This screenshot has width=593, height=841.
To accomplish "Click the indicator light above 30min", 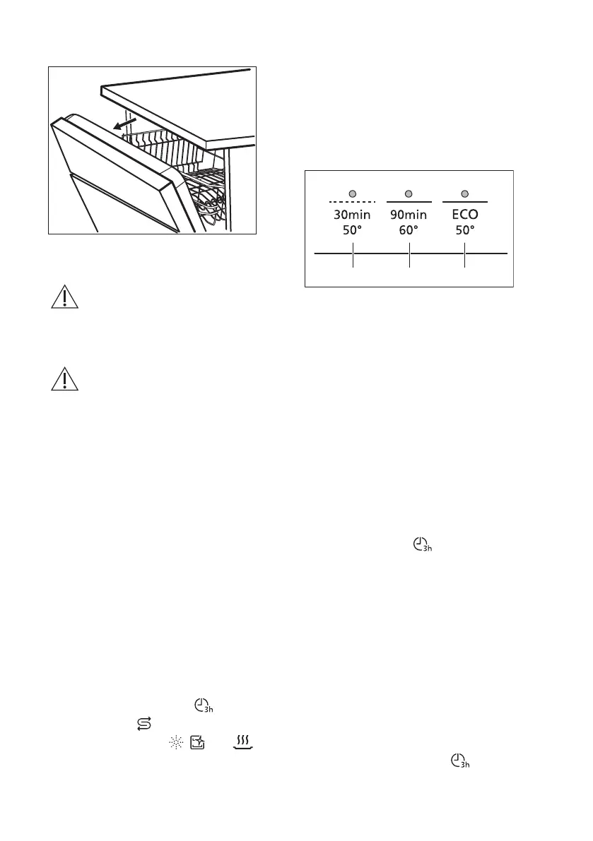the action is click(x=352, y=193).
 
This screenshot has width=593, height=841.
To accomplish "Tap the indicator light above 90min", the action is click(x=409, y=193).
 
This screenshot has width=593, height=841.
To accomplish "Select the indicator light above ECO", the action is click(x=464, y=193).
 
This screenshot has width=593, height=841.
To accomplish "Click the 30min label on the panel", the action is click(x=352, y=216).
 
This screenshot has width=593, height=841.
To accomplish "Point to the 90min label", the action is click(x=409, y=216).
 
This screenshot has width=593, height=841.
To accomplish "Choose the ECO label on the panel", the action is click(x=464, y=216).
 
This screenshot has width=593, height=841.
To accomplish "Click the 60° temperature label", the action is click(x=409, y=231).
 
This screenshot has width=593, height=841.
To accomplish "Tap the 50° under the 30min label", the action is click(x=352, y=231).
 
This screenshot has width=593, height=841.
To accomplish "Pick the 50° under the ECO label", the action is click(x=464, y=231).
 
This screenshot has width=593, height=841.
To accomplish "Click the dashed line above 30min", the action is click(x=352, y=203).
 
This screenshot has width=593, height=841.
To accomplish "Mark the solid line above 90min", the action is click(x=409, y=203).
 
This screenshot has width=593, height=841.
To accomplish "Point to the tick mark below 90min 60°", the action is click(x=409, y=259).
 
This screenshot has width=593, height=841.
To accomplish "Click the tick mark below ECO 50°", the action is click(x=464, y=259).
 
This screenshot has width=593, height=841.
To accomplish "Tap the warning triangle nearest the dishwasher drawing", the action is click(x=64, y=298).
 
